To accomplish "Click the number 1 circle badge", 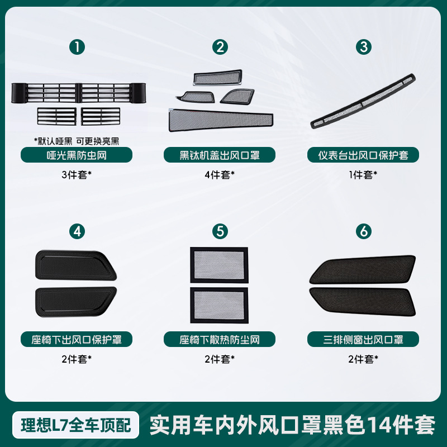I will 77,47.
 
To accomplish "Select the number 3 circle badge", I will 364,47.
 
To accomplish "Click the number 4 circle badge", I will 77,231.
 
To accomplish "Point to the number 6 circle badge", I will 364,231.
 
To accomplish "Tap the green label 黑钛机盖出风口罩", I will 220,155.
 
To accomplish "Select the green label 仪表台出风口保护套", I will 364,155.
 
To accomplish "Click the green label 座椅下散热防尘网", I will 220,339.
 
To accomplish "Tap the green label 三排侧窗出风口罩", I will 364,339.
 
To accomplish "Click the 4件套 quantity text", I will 220,175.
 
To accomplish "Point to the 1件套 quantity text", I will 364,175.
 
